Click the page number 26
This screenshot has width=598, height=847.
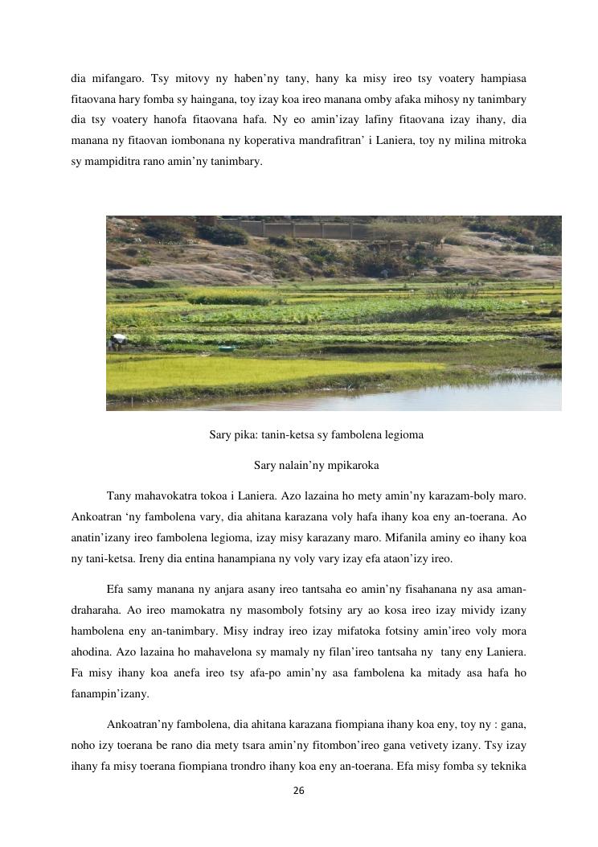pyautogui.click(x=298, y=791)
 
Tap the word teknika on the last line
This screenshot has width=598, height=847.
pyautogui.click(x=508, y=767)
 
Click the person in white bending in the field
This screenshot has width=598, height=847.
pyautogui.click(x=118, y=340)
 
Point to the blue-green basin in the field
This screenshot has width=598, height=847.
pyautogui.click(x=227, y=348)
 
